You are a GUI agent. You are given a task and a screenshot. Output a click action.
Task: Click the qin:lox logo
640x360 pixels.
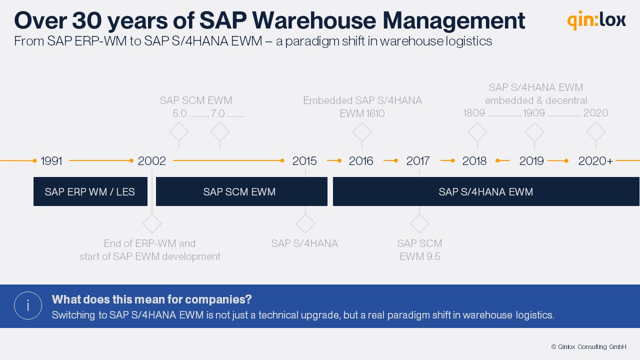596,20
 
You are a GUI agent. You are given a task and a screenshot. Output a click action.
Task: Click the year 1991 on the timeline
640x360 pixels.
51,161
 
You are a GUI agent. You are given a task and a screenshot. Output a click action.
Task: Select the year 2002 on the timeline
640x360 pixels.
151,161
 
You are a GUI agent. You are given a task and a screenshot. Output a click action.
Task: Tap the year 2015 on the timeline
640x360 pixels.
304,161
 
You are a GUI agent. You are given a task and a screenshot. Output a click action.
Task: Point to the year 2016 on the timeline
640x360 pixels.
361,161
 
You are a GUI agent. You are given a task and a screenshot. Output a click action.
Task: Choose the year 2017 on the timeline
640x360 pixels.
418,161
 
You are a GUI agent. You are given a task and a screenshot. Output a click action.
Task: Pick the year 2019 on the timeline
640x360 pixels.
531,161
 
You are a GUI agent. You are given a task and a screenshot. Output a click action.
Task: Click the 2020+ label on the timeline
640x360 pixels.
595,161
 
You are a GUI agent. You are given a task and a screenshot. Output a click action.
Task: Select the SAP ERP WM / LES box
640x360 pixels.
90,191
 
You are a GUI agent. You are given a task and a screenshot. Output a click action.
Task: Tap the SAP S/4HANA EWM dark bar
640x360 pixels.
485,191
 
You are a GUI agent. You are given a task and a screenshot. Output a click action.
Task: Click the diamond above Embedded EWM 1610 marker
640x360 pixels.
362,132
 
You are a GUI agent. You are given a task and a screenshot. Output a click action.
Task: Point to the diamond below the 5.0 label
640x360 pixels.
179,132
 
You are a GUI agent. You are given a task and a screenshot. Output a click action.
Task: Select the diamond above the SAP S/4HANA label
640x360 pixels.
305,223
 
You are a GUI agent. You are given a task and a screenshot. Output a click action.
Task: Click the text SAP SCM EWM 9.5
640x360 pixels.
419,250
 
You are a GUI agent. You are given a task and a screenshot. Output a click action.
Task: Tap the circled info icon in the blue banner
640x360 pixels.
28,305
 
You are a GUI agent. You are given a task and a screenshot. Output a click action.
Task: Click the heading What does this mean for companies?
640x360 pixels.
151,299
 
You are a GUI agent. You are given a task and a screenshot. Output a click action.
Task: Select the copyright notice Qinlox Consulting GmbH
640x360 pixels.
588,346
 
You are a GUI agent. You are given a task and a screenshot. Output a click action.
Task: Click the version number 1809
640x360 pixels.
474,113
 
